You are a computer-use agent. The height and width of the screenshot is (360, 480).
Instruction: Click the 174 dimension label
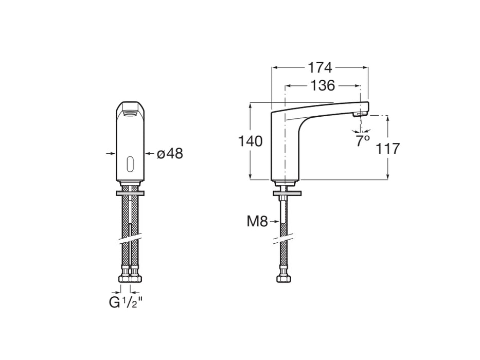click(320, 67)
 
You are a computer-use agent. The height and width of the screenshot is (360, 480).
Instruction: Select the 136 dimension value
click(323, 85)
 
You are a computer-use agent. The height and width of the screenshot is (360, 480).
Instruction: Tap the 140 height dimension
click(251, 141)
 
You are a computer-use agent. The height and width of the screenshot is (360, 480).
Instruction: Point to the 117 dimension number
click(387, 149)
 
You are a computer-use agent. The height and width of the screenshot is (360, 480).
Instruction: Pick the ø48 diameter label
click(170, 153)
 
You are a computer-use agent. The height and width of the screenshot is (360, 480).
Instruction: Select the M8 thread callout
click(257, 222)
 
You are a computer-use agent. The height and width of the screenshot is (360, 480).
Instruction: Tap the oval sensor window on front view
click(130, 164)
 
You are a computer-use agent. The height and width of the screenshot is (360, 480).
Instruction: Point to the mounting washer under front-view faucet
click(130, 193)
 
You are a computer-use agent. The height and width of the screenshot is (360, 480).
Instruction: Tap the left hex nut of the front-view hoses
click(125, 278)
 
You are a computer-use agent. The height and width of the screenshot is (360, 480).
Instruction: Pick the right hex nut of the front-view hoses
click(136, 278)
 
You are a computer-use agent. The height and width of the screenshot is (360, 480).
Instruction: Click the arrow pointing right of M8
click(275, 222)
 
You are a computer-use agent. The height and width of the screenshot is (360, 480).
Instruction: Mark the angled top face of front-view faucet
click(130, 109)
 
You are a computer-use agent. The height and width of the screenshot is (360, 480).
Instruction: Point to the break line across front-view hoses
click(130, 240)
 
